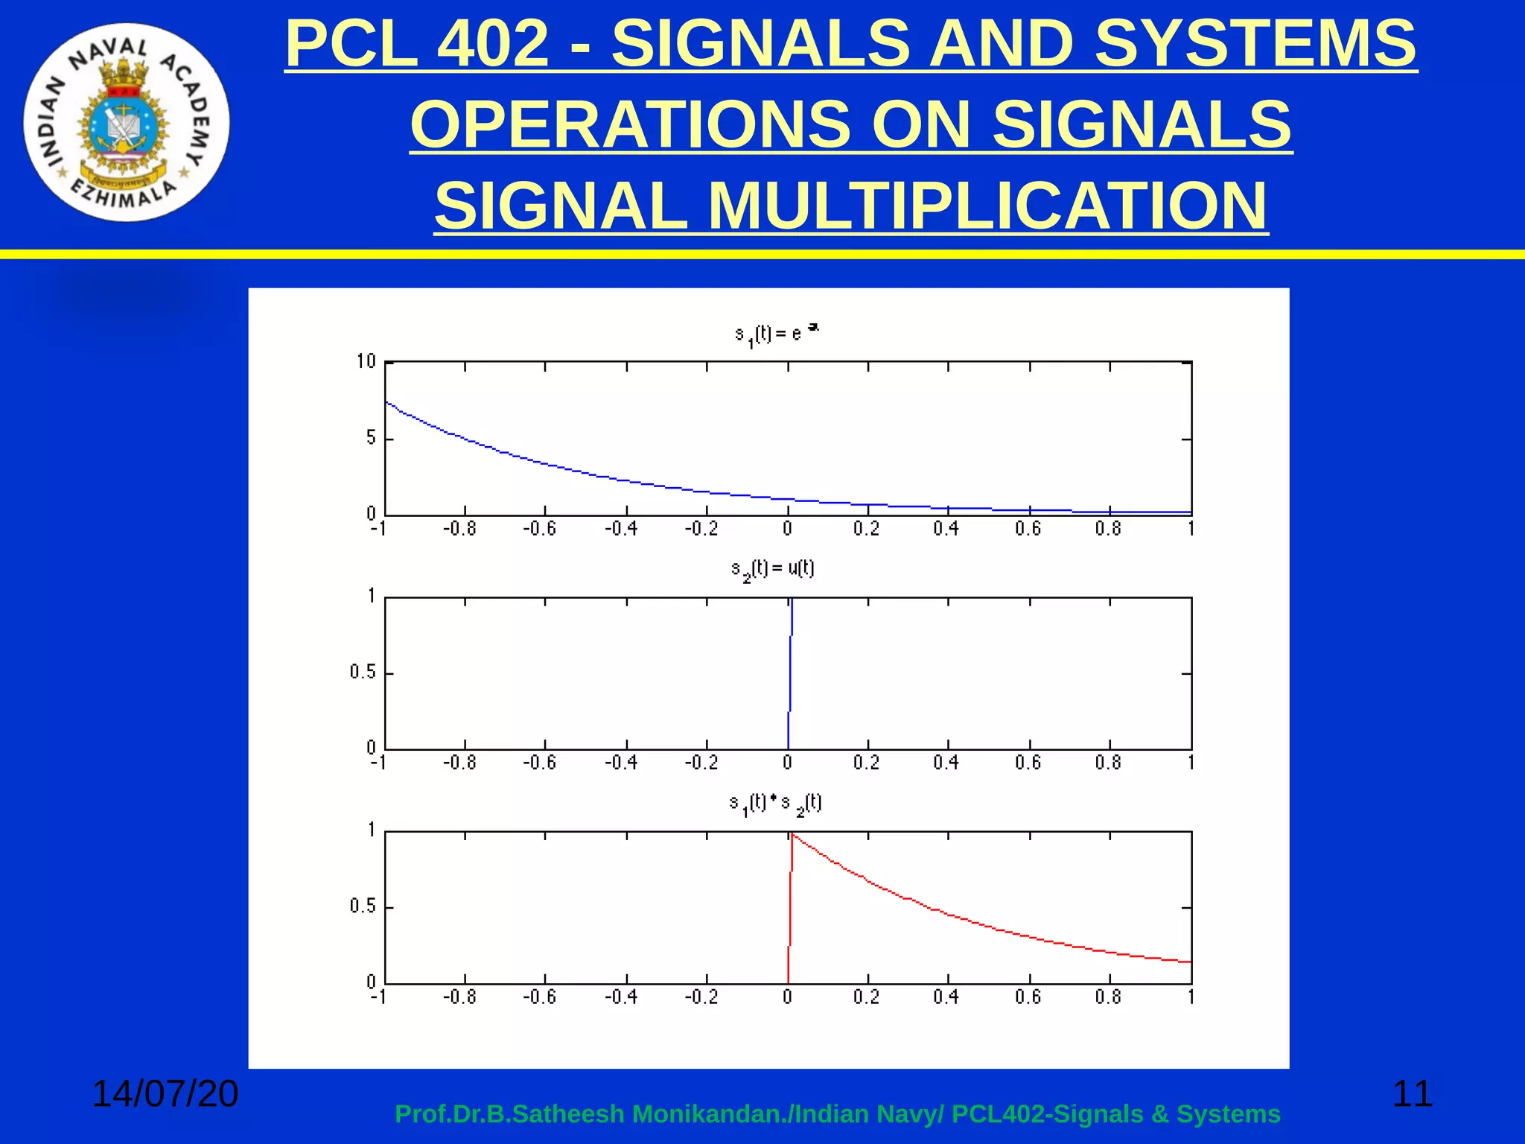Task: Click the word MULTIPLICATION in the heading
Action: coord(987,206)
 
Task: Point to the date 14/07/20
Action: coord(165,1093)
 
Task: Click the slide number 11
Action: coord(1412,1093)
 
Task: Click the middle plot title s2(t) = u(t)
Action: coord(772,570)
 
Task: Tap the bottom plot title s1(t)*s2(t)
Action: coord(775,804)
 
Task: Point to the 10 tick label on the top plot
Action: coord(366,362)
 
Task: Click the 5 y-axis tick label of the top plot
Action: coord(371,438)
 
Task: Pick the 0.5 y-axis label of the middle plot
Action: coord(363,673)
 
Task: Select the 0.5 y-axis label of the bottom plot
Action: coord(363,906)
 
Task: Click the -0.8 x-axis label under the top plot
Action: coord(459,530)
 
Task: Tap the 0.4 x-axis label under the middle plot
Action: coord(946,763)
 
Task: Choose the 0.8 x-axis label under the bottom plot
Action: coord(1107,997)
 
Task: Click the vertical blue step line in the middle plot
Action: coord(789,674)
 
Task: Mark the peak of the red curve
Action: coord(792,836)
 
